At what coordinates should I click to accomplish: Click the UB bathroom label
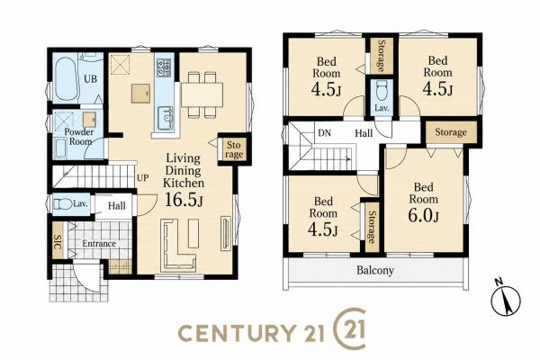[x=91, y=79]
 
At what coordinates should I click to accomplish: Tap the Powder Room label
[x=79, y=137]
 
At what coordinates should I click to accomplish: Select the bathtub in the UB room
[x=66, y=79]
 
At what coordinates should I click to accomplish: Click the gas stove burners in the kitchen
[x=164, y=67]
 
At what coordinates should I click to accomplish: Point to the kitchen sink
[x=165, y=118]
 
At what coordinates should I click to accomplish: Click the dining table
[x=202, y=94]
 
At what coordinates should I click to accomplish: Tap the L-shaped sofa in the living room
[x=177, y=245]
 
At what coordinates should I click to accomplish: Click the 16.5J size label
[x=184, y=200]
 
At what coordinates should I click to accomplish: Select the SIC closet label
[x=58, y=241]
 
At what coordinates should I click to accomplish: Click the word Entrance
[x=99, y=244]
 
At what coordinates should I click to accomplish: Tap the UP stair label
[x=142, y=178]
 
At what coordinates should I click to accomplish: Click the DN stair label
[x=324, y=133]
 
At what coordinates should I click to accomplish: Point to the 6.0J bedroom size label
[x=423, y=216]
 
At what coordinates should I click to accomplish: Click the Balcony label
[x=374, y=270]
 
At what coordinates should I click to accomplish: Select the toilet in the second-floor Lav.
[x=382, y=90]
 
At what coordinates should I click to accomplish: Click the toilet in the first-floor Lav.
[x=62, y=204]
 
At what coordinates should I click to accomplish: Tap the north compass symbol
[x=506, y=298]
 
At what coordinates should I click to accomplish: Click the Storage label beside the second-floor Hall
[x=451, y=132]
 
